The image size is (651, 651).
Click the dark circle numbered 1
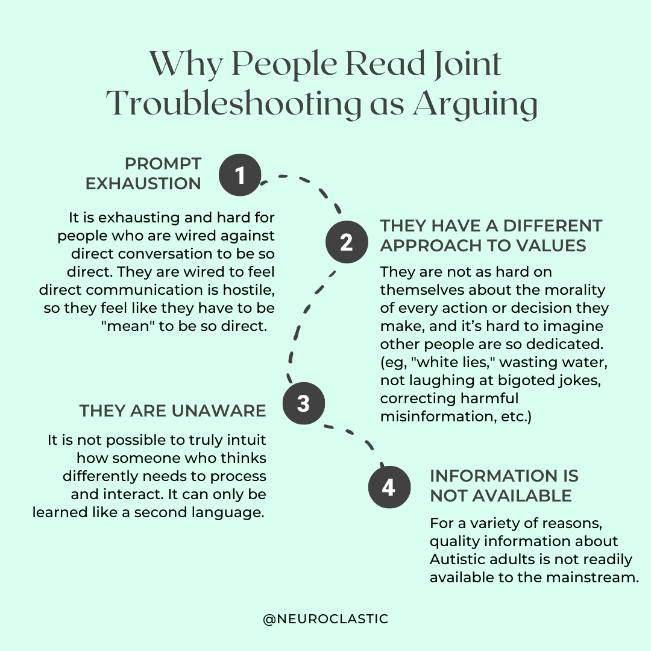[x=240, y=175]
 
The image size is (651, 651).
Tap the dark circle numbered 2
[x=346, y=243]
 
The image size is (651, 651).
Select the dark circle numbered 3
[x=303, y=403]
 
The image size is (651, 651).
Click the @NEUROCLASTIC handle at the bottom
[x=325, y=619]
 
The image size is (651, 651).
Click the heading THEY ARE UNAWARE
[x=172, y=411]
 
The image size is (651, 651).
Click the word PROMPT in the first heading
[x=163, y=164]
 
